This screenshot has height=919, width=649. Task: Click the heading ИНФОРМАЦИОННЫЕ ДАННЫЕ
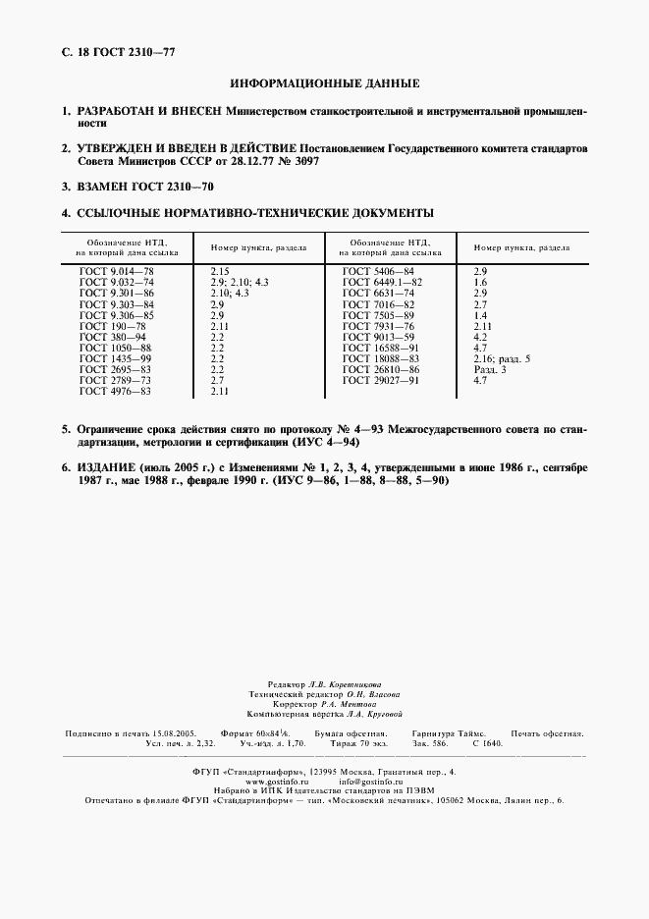coord(324,83)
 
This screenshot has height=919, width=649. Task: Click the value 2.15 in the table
coord(220,269)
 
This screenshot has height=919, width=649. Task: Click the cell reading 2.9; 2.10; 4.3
coord(239,281)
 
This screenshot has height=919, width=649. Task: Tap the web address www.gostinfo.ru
coord(277,781)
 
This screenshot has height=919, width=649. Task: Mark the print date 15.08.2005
coord(170,732)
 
